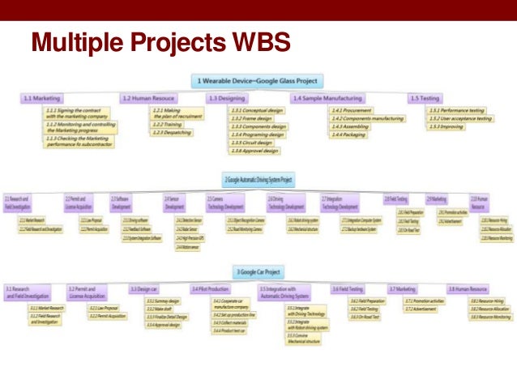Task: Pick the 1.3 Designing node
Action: [230, 98]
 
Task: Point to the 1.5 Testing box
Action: [425, 98]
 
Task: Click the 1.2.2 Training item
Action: [169, 125]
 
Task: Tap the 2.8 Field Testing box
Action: [395, 198]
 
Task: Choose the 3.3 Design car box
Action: [145, 288]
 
